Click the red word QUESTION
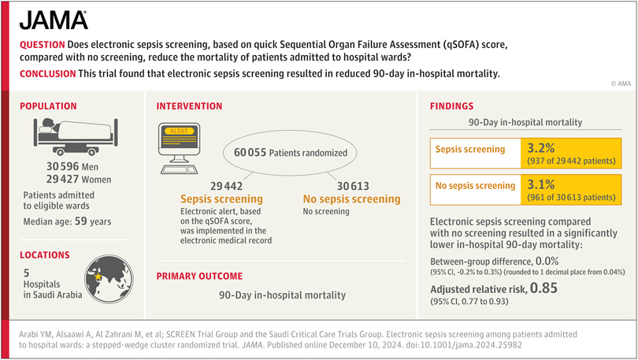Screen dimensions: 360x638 pyautogui.click(x=43, y=46)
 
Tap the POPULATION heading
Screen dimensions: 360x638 pyautogui.click(x=48, y=106)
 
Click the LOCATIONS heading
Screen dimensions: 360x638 pyautogui.click(x=46, y=255)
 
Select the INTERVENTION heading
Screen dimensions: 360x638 pyautogui.click(x=189, y=106)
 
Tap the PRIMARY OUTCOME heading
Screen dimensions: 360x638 pyautogui.click(x=199, y=276)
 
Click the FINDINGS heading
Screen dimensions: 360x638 pyautogui.click(x=452, y=106)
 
